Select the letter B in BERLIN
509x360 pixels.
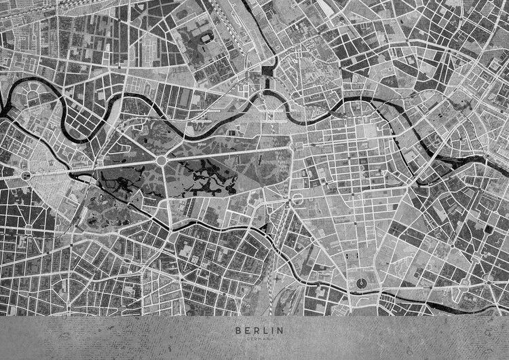coord(238,330)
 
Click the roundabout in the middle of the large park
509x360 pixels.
coord(162,160)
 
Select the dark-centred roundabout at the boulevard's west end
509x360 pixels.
coord(26,175)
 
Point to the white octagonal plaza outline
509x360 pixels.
coord(297,199)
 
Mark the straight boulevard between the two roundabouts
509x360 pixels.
coord(95,167)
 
